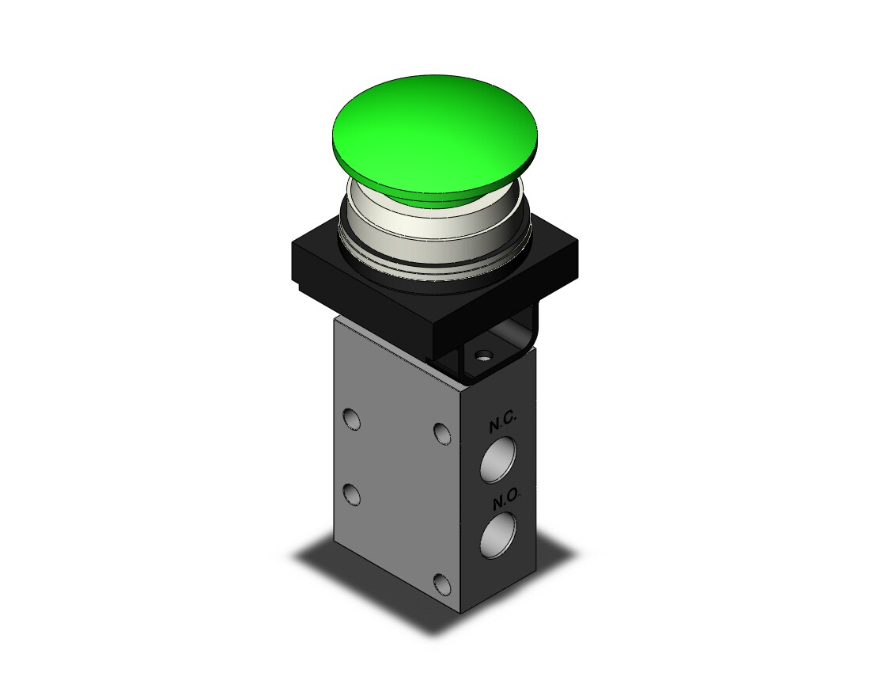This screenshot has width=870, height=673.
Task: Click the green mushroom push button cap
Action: point(435,136)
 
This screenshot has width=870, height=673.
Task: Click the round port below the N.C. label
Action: point(497,459)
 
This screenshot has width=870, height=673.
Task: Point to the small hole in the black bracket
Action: point(485,354)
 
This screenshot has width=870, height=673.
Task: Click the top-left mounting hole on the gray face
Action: point(352,419)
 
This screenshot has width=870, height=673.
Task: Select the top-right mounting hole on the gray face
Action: point(442,433)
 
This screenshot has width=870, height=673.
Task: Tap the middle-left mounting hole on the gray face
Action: point(352,494)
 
